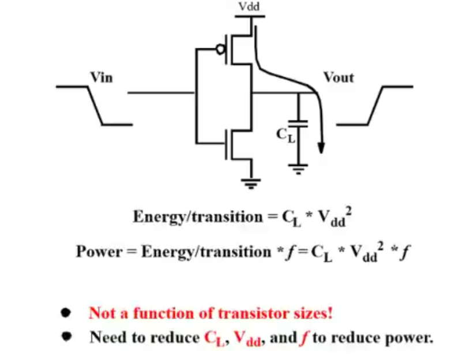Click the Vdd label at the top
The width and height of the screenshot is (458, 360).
coord(249,6)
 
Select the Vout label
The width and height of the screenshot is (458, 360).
coord(338,77)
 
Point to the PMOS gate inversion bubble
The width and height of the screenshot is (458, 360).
coord(220,50)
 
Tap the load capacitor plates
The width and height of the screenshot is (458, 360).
coord(299,125)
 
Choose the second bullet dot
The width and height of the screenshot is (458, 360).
coord(67,336)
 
